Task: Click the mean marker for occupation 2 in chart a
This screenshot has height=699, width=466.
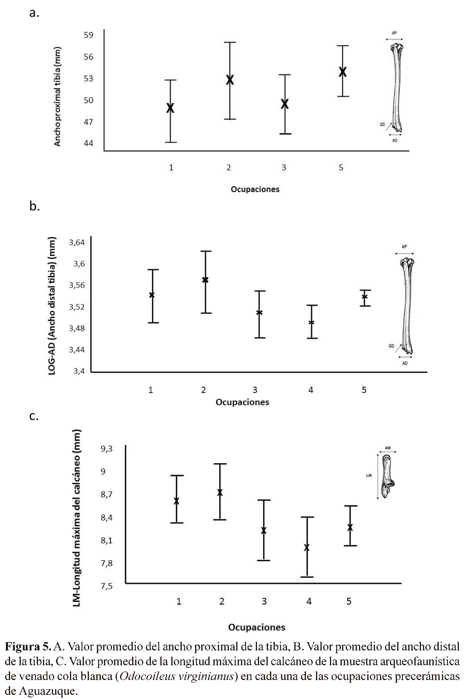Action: (230, 80)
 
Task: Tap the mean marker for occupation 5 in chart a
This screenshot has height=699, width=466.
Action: (343, 72)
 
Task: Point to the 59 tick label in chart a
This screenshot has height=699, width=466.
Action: (88, 35)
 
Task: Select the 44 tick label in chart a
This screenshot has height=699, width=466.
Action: (88, 143)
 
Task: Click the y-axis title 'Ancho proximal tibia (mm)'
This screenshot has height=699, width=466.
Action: (57, 97)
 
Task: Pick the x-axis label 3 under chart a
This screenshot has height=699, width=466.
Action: (284, 168)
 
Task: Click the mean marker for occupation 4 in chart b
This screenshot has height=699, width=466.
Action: (311, 322)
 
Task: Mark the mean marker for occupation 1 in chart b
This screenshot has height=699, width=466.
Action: (152, 295)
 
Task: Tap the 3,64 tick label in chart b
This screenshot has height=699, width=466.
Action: (77, 242)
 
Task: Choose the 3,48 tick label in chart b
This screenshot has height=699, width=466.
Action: (77, 328)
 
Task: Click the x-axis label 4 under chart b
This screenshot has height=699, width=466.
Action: (311, 390)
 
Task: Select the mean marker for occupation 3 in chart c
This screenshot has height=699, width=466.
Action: (264, 531)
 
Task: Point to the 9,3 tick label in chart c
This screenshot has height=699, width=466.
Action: (106, 449)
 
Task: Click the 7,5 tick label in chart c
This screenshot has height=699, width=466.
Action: (106, 586)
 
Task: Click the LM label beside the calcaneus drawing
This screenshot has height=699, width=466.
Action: (369, 475)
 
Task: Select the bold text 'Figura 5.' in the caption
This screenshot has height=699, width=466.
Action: (28, 647)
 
